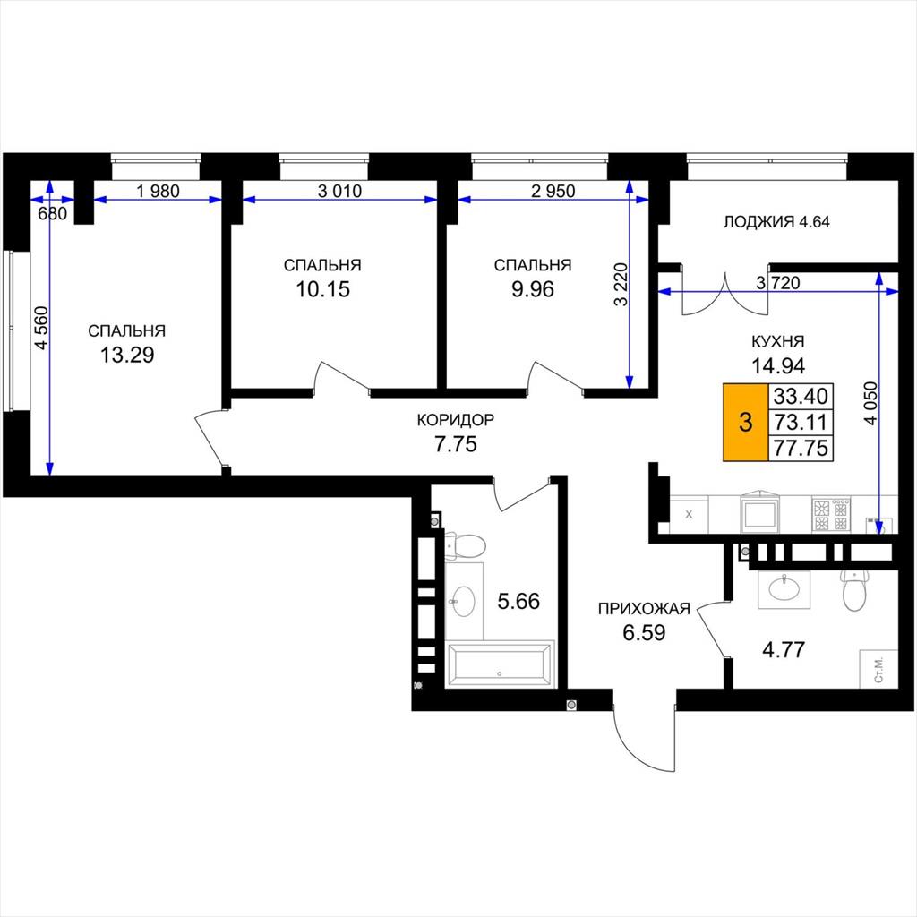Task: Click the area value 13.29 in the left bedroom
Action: (x=127, y=355)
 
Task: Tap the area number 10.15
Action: (x=322, y=289)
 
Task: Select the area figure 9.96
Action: (x=533, y=289)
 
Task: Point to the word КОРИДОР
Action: (x=456, y=420)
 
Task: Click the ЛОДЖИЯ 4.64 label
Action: (x=776, y=222)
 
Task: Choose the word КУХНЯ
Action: (x=778, y=341)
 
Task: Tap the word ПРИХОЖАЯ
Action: (x=644, y=609)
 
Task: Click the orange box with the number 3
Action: (x=746, y=423)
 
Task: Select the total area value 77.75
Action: (x=801, y=448)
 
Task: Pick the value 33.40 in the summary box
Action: (x=801, y=397)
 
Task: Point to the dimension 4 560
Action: (x=41, y=328)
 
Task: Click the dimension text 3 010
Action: (x=339, y=191)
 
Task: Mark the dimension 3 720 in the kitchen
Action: (x=778, y=283)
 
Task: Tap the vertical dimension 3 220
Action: (x=621, y=284)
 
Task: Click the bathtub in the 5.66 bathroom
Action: (x=500, y=664)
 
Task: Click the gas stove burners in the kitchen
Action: (x=831, y=515)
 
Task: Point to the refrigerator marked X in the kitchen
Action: (x=689, y=515)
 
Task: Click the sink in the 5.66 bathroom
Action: (x=465, y=601)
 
